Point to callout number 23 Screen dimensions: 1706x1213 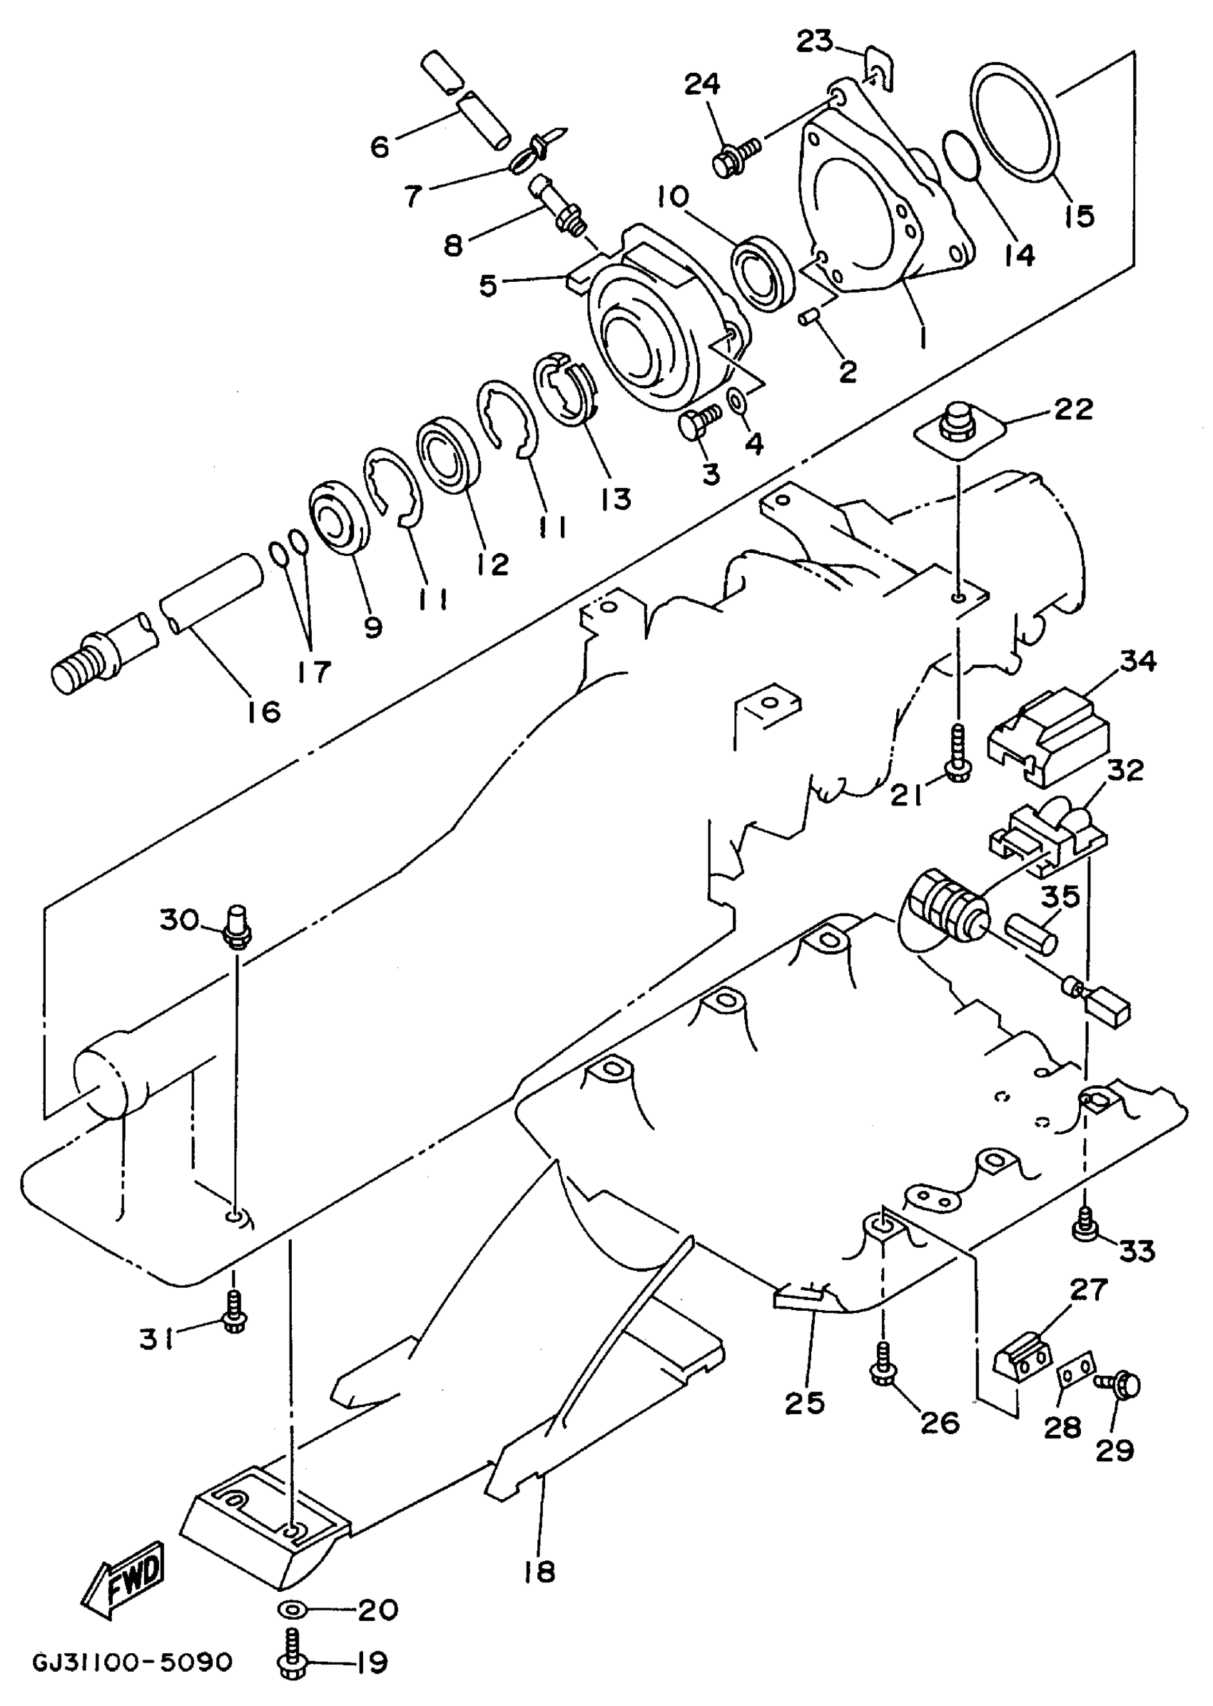click(813, 42)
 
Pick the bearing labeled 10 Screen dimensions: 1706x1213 click(763, 273)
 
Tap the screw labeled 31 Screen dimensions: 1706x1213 click(234, 1313)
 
